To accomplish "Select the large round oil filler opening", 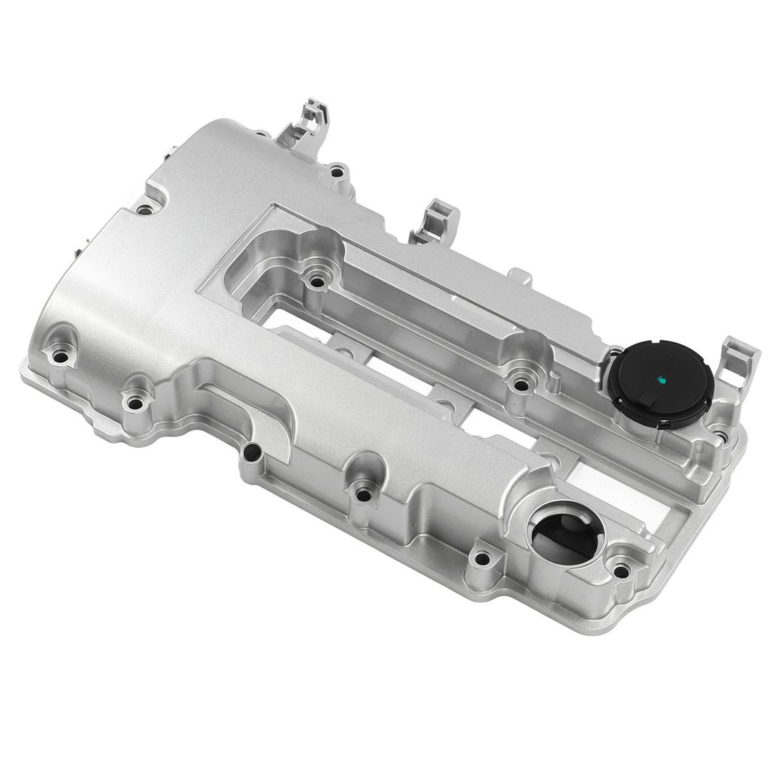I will pyautogui.click(x=565, y=533).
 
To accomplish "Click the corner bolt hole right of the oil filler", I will pyautogui.click(x=621, y=571).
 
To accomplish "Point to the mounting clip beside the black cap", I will pyautogui.click(x=738, y=361).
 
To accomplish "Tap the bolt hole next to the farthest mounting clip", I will pyautogui.click(x=337, y=172).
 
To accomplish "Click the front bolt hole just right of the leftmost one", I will pyautogui.click(x=134, y=403).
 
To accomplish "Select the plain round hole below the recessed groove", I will pyautogui.click(x=253, y=452).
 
